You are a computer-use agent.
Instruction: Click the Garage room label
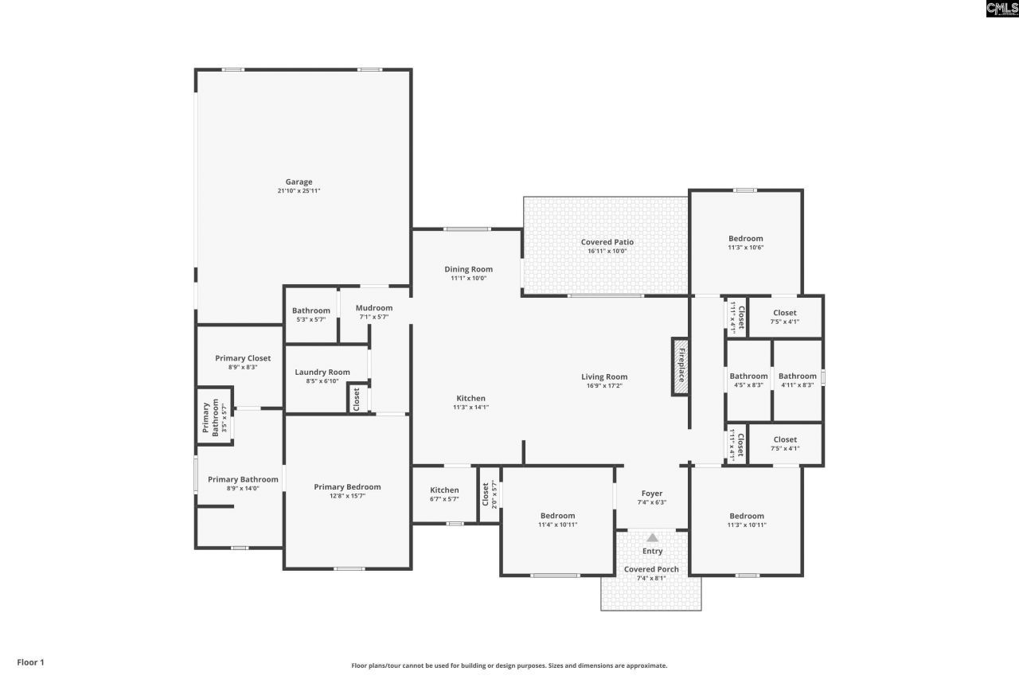tap(299, 181)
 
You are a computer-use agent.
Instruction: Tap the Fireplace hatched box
tap(680, 365)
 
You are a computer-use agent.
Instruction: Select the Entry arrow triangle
tap(652, 537)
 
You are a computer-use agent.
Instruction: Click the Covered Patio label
tap(607, 242)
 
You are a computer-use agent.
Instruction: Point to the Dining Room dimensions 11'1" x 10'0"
tap(468, 279)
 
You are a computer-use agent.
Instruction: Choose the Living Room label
tap(604, 377)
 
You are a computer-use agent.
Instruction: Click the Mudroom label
tap(373, 308)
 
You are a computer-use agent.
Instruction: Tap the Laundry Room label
tap(322, 372)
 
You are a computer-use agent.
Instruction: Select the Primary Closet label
tap(243, 358)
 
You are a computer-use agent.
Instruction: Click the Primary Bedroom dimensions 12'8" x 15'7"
tap(347, 496)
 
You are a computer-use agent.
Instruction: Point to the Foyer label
tap(652, 494)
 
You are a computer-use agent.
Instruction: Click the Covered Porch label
tap(651, 569)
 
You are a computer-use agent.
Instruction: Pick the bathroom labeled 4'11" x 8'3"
tap(798, 380)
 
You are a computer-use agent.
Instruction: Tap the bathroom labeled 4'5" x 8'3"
tap(748, 380)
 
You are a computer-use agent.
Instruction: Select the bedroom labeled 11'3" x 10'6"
tap(746, 242)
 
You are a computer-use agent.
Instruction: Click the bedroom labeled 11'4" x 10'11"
tap(557, 520)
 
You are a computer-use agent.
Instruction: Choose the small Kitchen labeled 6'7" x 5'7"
tap(444, 494)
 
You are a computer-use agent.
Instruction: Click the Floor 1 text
tap(31, 662)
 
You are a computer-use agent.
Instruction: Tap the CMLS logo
tap(1001, 9)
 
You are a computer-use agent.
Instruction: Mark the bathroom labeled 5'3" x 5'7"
tap(310, 314)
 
